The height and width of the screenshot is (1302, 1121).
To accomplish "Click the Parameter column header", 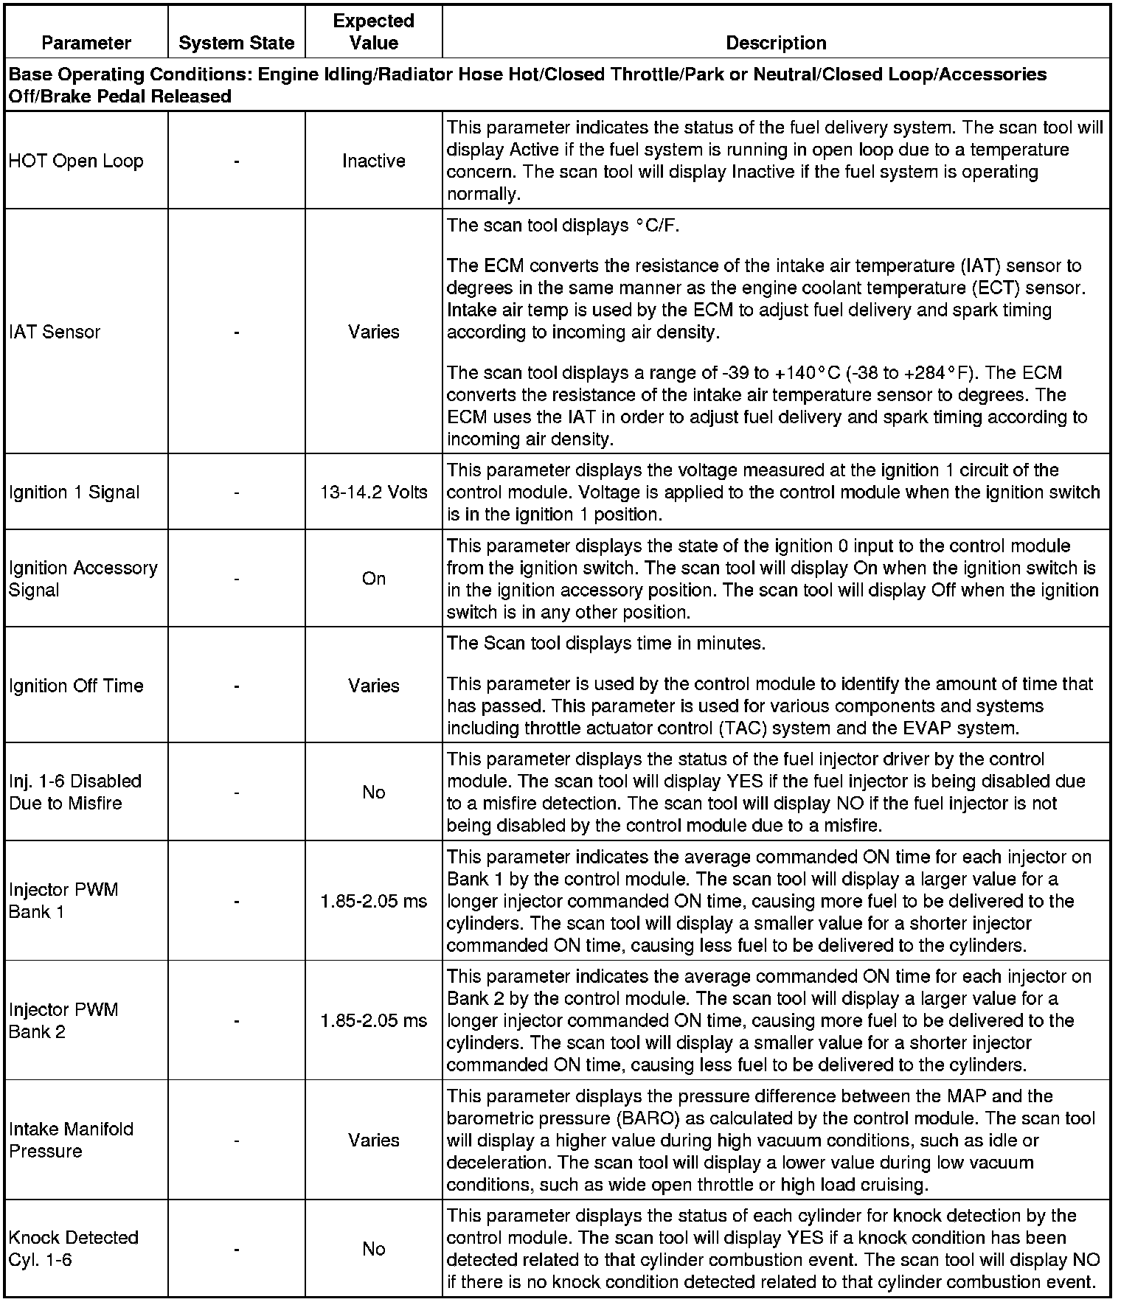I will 86,43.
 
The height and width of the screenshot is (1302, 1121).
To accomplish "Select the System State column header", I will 236,43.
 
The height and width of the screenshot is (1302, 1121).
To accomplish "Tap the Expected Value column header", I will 373,32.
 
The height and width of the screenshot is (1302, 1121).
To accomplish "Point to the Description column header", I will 776,43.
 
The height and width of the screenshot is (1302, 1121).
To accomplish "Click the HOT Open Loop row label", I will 76,161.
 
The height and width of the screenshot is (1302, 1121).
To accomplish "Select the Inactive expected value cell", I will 373,161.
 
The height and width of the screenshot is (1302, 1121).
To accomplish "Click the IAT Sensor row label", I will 55,332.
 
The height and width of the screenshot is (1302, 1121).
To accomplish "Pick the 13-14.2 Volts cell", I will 373,492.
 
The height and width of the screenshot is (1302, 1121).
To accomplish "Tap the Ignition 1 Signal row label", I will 74,492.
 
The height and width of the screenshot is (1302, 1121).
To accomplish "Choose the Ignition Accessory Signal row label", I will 83,579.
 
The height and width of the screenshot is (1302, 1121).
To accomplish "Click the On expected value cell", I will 373,579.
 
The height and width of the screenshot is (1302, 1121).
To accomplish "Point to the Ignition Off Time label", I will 76,686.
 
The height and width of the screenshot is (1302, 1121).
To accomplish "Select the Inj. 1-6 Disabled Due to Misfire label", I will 75,792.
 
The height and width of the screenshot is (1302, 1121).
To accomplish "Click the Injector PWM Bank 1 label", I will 63,900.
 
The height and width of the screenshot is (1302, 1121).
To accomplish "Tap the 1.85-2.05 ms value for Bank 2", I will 373,1020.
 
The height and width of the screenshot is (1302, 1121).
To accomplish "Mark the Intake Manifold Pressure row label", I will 72,1140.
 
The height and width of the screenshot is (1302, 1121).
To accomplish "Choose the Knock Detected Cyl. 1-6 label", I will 74,1248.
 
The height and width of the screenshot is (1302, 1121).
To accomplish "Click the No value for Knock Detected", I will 373,1248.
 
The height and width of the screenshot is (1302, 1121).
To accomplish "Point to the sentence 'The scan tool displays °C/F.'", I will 563,225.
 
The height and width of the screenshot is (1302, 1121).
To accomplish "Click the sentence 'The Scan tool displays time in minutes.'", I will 606,643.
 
